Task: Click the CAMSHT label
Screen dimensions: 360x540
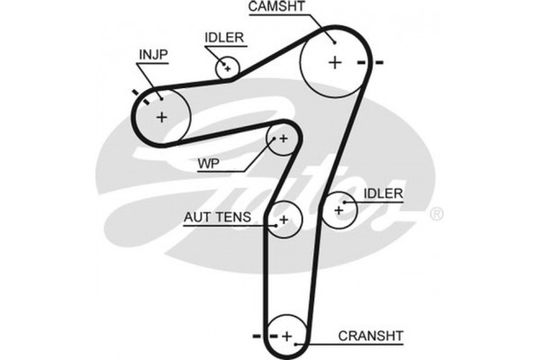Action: [x=277, y=8]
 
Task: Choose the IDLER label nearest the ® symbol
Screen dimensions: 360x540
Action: [x=383, y=193]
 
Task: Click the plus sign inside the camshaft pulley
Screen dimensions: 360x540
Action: [x=335, y=62]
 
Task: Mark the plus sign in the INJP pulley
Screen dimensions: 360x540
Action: [x=162, y=115]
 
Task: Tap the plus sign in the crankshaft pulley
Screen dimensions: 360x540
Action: [x=287, y=337]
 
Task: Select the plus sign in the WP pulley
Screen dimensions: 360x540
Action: [x=283, y=139]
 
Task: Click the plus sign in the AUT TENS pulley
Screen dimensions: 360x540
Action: [x=283, y=219]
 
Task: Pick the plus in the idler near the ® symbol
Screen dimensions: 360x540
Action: [x=339, y=210]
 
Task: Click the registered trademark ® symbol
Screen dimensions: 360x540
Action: [x=436, y=213]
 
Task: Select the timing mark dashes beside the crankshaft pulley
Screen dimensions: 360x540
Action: [x=263, y=337]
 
